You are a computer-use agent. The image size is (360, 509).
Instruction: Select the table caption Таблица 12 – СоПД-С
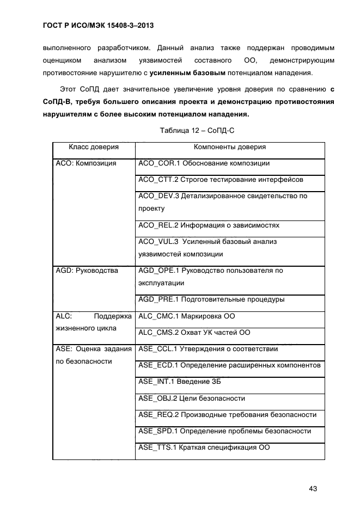(x=197, y=131)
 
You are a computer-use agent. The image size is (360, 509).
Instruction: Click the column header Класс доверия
(x=94, y=147)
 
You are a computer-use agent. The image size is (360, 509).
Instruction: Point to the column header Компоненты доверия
(x=230, y=147)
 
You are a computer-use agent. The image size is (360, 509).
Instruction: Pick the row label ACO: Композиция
(x=86, y=163)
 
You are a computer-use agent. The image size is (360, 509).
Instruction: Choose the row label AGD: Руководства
(x=87, y=271)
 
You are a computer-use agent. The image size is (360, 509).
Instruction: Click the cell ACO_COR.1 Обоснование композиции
(x=204, y=163)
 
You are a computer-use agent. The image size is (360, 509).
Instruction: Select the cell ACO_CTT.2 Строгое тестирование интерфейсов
(x=221, y=179)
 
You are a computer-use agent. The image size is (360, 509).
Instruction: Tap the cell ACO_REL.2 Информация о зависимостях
(x=209, y=225)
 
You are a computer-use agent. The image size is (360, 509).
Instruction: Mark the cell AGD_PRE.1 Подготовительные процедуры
(x=212, y=299)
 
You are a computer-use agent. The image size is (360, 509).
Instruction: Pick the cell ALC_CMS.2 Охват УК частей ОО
(x=194, y=333)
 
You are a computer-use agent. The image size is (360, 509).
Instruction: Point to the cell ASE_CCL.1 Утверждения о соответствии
(x=209, y=349)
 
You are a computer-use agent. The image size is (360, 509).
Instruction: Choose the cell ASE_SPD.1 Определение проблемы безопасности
(x=224, y=431)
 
